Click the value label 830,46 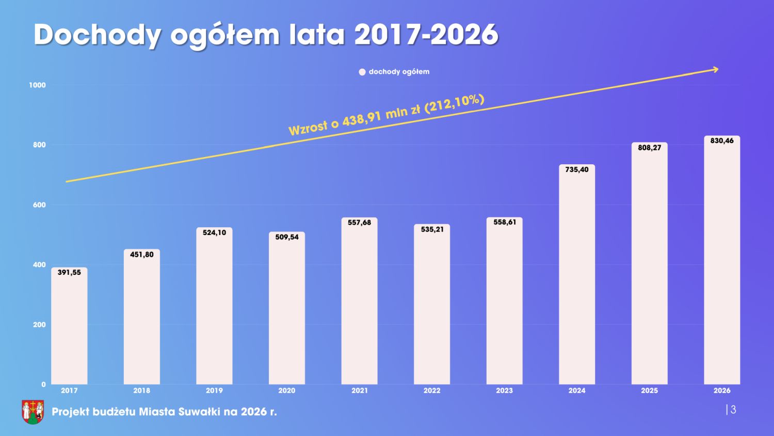tap(722, 141)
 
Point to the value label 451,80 tap(142, 254)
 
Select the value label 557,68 tap(359, 222)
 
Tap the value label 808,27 tap(649, 147)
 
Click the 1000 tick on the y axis tap(37, 85)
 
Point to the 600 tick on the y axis tap(39, 205)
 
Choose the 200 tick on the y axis tap(39, 325)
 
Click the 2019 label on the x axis tap(214, 391)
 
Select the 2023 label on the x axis tap(504, 391)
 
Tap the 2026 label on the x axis tap(722, 391)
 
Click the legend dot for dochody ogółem tap(362, 72)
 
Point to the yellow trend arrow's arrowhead tap(715, 69)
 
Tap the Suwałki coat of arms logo tap(33, 411)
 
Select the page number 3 tap(733, 410)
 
